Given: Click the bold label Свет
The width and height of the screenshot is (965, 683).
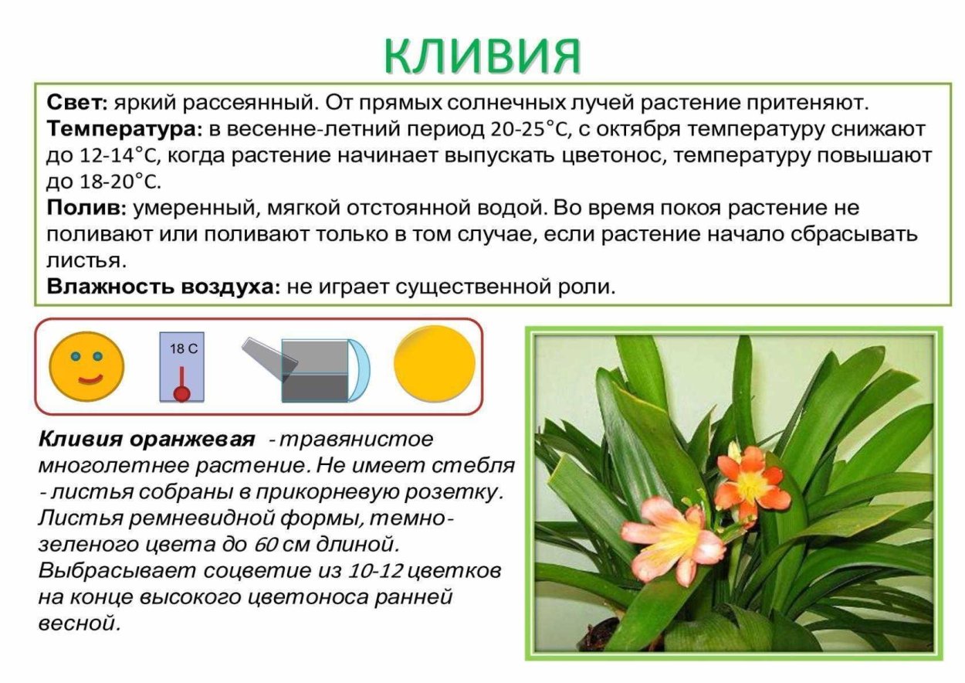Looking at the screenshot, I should click(75, 103).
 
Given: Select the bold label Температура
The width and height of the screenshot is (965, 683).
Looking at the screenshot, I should click(124, 128).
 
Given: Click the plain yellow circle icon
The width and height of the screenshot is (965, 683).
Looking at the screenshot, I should click(435, 363).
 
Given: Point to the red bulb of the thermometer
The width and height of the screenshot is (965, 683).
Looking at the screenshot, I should click(182, 393).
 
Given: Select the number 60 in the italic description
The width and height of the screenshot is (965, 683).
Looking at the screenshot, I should click(266, 545).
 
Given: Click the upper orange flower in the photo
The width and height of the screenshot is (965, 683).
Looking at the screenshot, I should click(750, 479).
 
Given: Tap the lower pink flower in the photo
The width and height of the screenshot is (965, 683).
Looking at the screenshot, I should click(674, 533).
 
